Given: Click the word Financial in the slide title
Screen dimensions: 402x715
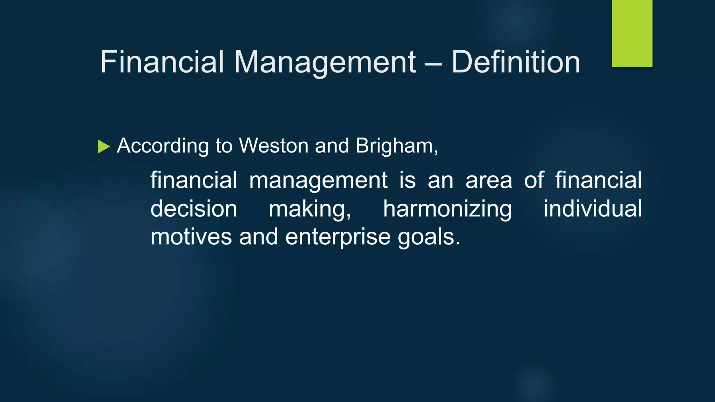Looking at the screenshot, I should [162, 62].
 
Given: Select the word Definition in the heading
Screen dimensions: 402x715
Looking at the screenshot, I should [516, 62].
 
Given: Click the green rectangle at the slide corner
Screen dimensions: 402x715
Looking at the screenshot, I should [632, 33].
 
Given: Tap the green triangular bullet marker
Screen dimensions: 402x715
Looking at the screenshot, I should [104, 147].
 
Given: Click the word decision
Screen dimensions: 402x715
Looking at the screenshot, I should [194, 209].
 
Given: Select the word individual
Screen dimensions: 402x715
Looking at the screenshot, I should [592, 209].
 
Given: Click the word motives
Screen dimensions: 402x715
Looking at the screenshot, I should [191, 237].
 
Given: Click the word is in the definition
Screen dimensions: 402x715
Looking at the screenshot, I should [407, 180].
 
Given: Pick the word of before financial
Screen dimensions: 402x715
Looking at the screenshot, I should [534, 180].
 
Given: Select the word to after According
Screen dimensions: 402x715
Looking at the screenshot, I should [224, 146].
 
